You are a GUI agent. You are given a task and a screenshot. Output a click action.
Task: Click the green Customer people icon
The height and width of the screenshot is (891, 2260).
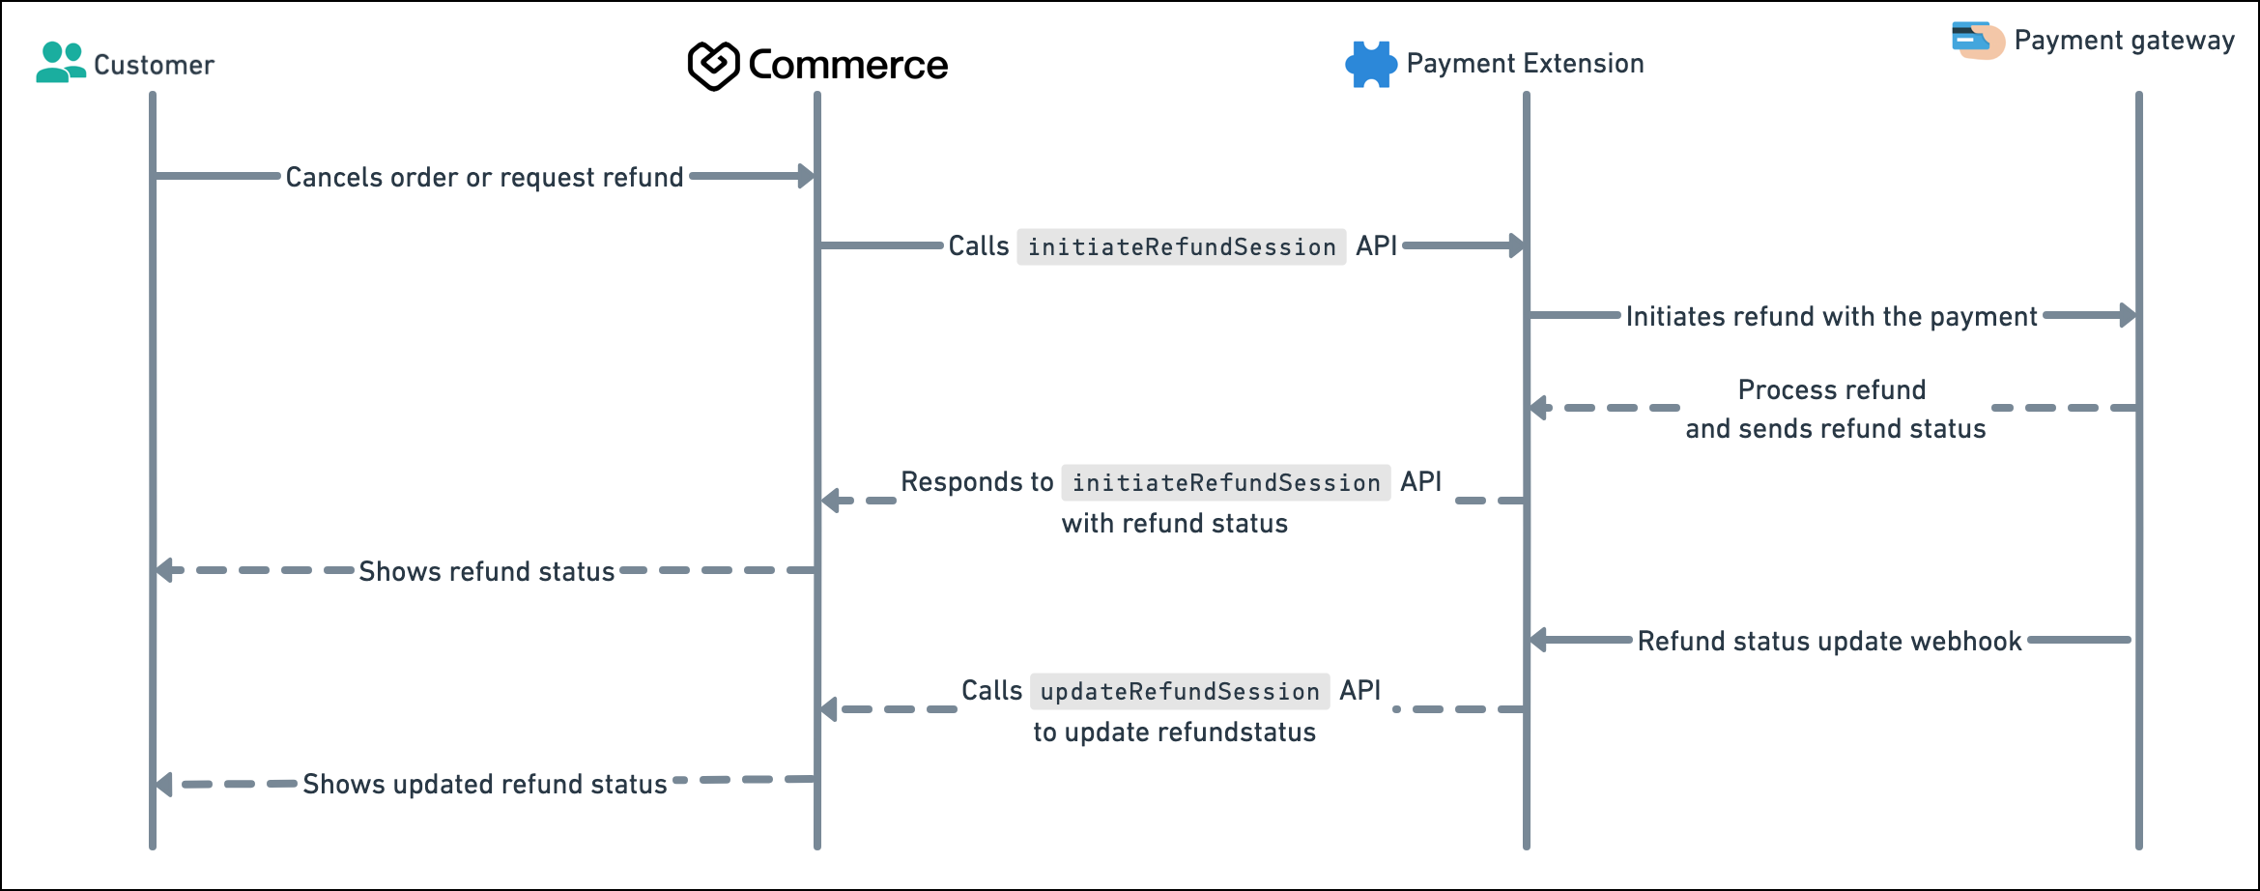(x=60, y=63)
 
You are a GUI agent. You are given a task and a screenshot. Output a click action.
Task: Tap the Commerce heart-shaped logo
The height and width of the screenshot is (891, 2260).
(x=713, y=66)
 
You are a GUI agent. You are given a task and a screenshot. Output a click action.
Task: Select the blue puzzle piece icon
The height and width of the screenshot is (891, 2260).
(x=1371, y=65)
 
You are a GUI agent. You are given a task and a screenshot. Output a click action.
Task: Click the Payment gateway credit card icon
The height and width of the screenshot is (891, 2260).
(x=1977, y=40)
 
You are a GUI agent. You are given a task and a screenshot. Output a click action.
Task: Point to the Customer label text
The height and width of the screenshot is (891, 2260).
(x=154, y=65)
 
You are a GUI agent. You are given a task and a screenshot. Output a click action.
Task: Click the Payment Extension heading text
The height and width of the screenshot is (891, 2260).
(x=1525, y=64)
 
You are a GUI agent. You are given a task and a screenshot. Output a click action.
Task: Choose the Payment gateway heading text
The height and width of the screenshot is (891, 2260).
(x=2124, y=41)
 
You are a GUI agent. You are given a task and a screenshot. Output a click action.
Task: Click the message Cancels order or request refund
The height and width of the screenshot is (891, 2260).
(x=484, y=178)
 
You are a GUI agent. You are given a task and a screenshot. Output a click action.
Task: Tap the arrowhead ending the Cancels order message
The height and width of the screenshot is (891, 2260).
(x=807, y=176)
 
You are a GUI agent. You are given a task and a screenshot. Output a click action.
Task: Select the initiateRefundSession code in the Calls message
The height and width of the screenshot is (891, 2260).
(x=1182, y=247)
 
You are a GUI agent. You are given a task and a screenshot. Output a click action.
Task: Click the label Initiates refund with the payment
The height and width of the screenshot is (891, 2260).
(x=1831, y=317)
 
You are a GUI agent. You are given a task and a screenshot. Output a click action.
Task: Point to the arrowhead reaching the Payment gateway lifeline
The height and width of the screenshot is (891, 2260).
(x=2128, y=315)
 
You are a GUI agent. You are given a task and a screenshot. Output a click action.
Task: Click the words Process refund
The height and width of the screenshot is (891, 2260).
(x=1832, y=389)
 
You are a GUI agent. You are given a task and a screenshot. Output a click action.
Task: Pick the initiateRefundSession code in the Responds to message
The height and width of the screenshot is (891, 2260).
(x=1226, y=482)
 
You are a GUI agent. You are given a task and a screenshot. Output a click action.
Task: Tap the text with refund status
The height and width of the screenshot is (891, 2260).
(x=1175, y=524)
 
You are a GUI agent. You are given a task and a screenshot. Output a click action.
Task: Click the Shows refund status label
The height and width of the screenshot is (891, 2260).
(x=486, y=572)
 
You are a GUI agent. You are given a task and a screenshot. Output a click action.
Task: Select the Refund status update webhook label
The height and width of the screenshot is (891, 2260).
(x=1829, y=642)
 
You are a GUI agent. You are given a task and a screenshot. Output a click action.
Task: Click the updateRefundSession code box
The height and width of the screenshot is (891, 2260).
(x=1180, y=691)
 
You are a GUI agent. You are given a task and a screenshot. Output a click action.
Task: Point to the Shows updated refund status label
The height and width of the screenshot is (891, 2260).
(x=484, y=785)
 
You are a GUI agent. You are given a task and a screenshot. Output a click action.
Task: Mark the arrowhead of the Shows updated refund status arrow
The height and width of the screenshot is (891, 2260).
(x=164, y=785)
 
